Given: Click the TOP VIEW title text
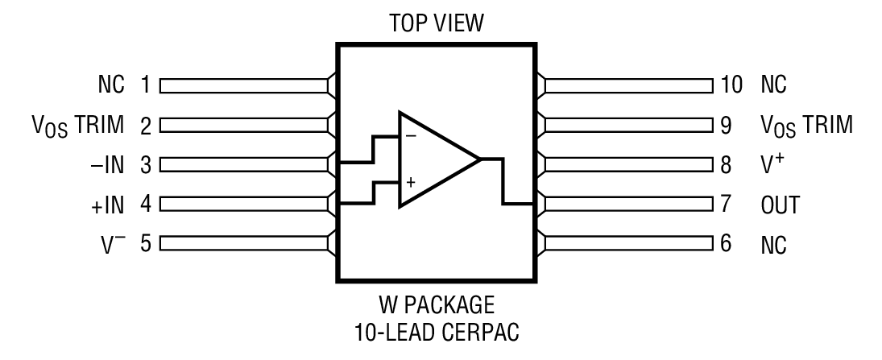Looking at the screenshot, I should click(x=435, y=24).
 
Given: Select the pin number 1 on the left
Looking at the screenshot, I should click(x=146, y=85).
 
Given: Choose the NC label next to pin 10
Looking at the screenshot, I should click(x=773, y=85).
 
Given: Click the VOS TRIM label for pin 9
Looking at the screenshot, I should click(x=806, y=125).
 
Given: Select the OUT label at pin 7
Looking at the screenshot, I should click(x=779, y=204).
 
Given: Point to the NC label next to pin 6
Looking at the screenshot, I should click(x=773, y=243).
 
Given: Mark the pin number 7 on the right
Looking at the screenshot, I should click(x=726, y=204).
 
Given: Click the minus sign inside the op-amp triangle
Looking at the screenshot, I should click(x=411, y=136).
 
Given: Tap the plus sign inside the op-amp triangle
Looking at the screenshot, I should click(x=411, y=183).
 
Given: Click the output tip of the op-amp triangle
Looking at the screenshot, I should click(x=480, y=159).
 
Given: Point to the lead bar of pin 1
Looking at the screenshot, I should click(x=246, y=85).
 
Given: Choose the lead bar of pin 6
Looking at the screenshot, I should click(x=628, y=243).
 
